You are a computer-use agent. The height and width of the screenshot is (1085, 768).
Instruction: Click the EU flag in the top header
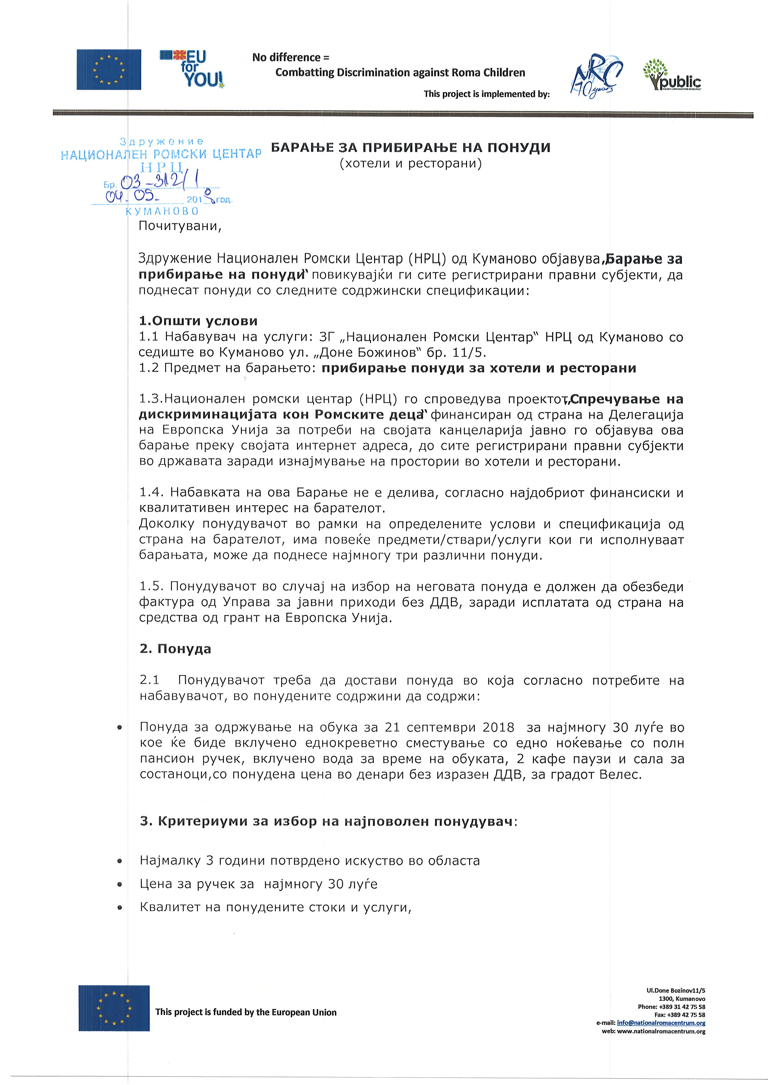(109, 69)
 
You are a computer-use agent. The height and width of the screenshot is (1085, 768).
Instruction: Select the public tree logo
(671, 75)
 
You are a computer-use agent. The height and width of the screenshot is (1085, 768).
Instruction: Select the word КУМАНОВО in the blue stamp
(162, 211)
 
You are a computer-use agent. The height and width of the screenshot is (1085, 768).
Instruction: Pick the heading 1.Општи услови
(198, 321)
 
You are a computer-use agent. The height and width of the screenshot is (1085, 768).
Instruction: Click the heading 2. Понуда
(176, 649)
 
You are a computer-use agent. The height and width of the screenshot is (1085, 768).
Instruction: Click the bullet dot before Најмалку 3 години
(120, 861)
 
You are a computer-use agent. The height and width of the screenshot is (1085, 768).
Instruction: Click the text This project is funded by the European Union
(246, 1012)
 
